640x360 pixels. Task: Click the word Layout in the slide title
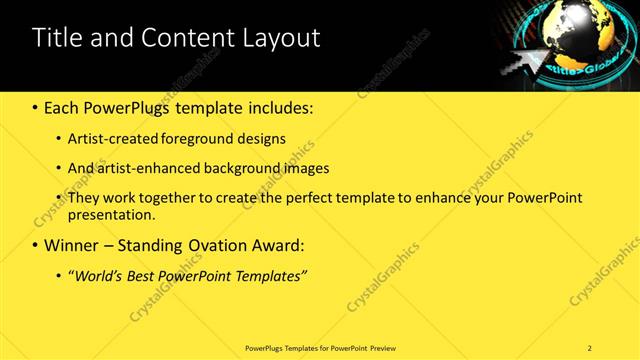pyautogui.click(x=282, y=39)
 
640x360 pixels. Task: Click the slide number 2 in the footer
pyautogui.click(x=590, y=348)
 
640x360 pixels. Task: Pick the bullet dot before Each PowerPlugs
pyautogui.click(x=36, y=107)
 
